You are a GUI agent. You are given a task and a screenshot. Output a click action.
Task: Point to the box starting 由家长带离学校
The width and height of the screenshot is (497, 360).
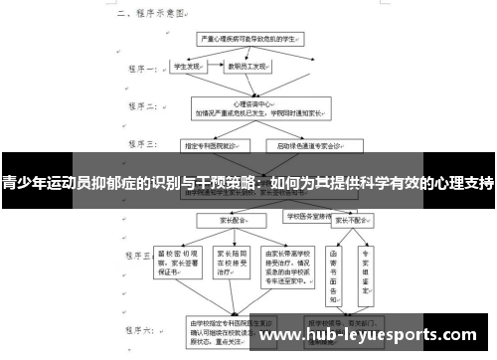point(297,261)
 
